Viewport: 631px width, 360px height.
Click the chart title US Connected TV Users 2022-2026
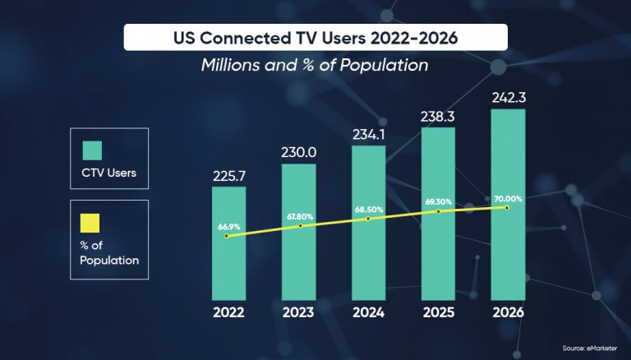point(315,37)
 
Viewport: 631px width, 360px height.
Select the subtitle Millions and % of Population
point(315,66)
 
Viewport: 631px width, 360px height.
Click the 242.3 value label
point(508,97)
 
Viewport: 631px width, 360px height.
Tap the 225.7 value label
point(228,175)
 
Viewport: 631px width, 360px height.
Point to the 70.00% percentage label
point(507,198)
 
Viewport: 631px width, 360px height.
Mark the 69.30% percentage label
point(438,201)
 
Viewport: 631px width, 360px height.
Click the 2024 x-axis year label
point(368,313)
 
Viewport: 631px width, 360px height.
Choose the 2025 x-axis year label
point(438,313)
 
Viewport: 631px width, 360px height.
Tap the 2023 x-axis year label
point(298,313)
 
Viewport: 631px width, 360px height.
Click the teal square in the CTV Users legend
point(91,150)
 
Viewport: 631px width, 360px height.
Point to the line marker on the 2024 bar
point(369,219)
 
